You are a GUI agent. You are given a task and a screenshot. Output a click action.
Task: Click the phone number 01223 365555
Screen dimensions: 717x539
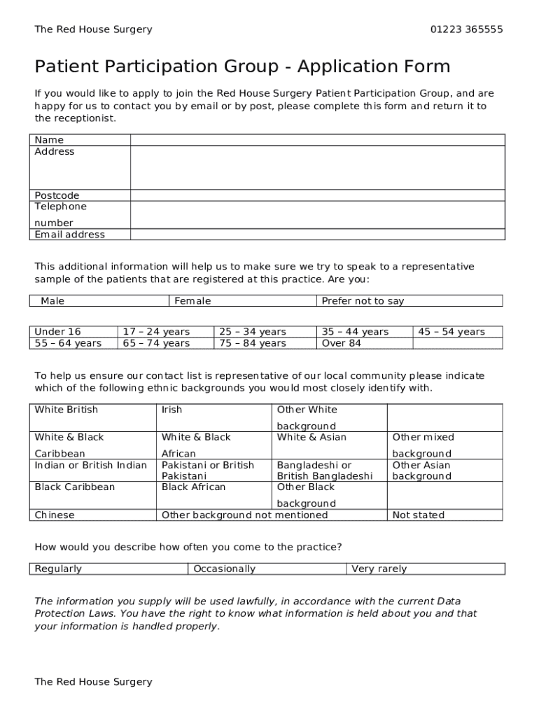pyautogui.click(x=466, y=29)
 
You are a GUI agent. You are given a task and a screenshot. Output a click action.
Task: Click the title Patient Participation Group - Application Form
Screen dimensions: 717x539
pyautogui.click(x=242, y=67)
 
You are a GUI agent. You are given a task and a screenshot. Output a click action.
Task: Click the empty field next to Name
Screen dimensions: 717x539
pyautogui.click(x=316, y=140)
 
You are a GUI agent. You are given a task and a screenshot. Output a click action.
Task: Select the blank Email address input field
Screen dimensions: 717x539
pyautogui.click(x=316, y=235)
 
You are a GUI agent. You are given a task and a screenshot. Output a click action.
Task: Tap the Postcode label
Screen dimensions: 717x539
pyautogui.click(x=57, y=195)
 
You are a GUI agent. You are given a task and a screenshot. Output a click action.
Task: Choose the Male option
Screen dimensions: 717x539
pyautogui.click(x=52, y=301)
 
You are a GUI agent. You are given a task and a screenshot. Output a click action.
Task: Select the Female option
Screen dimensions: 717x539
pyautogui.click(x=192, y=301)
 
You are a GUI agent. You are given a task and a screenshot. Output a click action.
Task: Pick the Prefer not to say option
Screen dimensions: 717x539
pyautogui.click(x=363, y=301)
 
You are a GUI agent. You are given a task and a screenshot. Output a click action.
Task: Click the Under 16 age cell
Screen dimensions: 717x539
pyautogui.click(x=58, y=332)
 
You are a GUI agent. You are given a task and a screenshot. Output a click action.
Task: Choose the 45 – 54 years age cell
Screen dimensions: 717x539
pyautogui.click(x=451, y=332)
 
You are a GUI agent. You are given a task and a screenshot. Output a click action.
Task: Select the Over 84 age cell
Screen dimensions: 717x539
pyautogui.click(x=342, y=343)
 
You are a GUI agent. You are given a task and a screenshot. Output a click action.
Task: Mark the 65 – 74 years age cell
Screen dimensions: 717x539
pyautogui.click(x=156, y=343)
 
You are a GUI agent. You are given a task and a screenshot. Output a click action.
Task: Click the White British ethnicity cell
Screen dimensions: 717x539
pyautogui.click(x=66, y=410)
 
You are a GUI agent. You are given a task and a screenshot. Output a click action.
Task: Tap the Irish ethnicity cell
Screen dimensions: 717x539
pyautogui.click(x=172, y=410)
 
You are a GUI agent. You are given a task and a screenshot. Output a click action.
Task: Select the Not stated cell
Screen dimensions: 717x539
pyautogui.click(x=419, y=515)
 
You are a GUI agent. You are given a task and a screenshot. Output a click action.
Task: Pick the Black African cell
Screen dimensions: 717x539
pyautogui.click(x=194, y=487)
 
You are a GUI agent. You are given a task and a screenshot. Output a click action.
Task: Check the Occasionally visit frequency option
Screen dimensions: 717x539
pyautogui.click(x=225, y=569)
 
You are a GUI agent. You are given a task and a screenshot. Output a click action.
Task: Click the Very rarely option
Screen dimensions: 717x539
pyautogui.click(x=379, y=569)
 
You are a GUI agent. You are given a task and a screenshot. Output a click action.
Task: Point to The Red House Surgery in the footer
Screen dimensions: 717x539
pyautogui.click(x=93, y=682)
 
